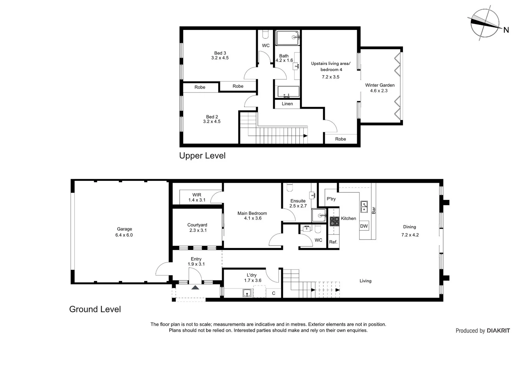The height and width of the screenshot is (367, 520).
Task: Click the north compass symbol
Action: pyautogui.click(x=485, y=23)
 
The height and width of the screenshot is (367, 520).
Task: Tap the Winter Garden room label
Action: pyautogui.click(x=380, y=85)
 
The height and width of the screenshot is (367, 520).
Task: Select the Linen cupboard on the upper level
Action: pyautogui.click(x=287, y=104)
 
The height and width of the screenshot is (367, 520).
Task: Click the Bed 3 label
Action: pyautogui.click(x=220, y=53)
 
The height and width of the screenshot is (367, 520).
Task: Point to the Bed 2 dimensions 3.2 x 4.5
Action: pyautogui.click(x=212, y=122)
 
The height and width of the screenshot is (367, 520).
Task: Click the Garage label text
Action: pyautogui.click(x=124, y=229)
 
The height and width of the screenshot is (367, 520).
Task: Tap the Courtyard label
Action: pyautogui.click(x=197, y=225)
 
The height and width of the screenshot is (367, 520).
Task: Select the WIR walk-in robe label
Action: pyautogui.click(x=197, y=195)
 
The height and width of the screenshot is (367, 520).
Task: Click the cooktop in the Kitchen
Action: pyautogui.click(x=334, y=221)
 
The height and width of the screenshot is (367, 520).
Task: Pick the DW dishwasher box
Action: pyautogui.click(x=364, y=226)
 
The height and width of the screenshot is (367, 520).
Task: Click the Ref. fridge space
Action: pyautogui.click(x=333, y=242)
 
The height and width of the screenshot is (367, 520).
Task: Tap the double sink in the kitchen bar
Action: pyautogui.click(x=364, y=207)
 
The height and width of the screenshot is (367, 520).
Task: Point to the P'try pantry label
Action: pyautogui.click(x=331, y=199)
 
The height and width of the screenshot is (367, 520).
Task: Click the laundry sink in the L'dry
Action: pyautogui.click(x=248, y=293)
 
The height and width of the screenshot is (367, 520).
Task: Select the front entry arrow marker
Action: pyautogui.click(x=195, y=287)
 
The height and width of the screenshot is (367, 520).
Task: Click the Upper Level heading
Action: pyautogui.click(x=202, y=156)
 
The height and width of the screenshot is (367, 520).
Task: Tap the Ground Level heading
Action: pyautogui.click(x=95, y=309)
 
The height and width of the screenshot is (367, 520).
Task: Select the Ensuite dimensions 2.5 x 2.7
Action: pyautogui.click(x=298, y=206)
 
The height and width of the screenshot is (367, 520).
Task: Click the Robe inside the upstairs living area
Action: pyautogui.click(x=340, y=139)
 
